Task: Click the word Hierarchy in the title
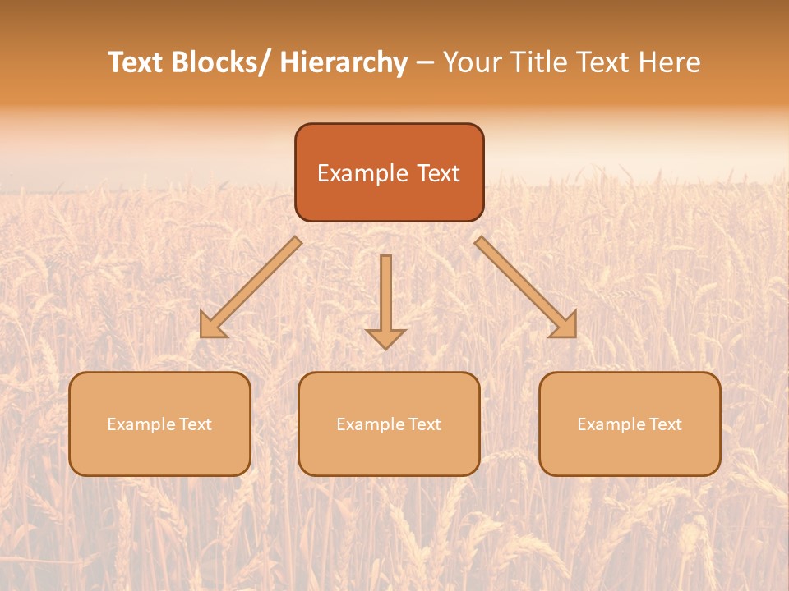coord(344,62)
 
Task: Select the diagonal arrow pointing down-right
coord(524,286)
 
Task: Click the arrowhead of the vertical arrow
coord(385,337)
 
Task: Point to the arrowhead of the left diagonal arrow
coord(212,326)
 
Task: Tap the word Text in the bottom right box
coord(664,424)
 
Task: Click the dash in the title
coord(426,63)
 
